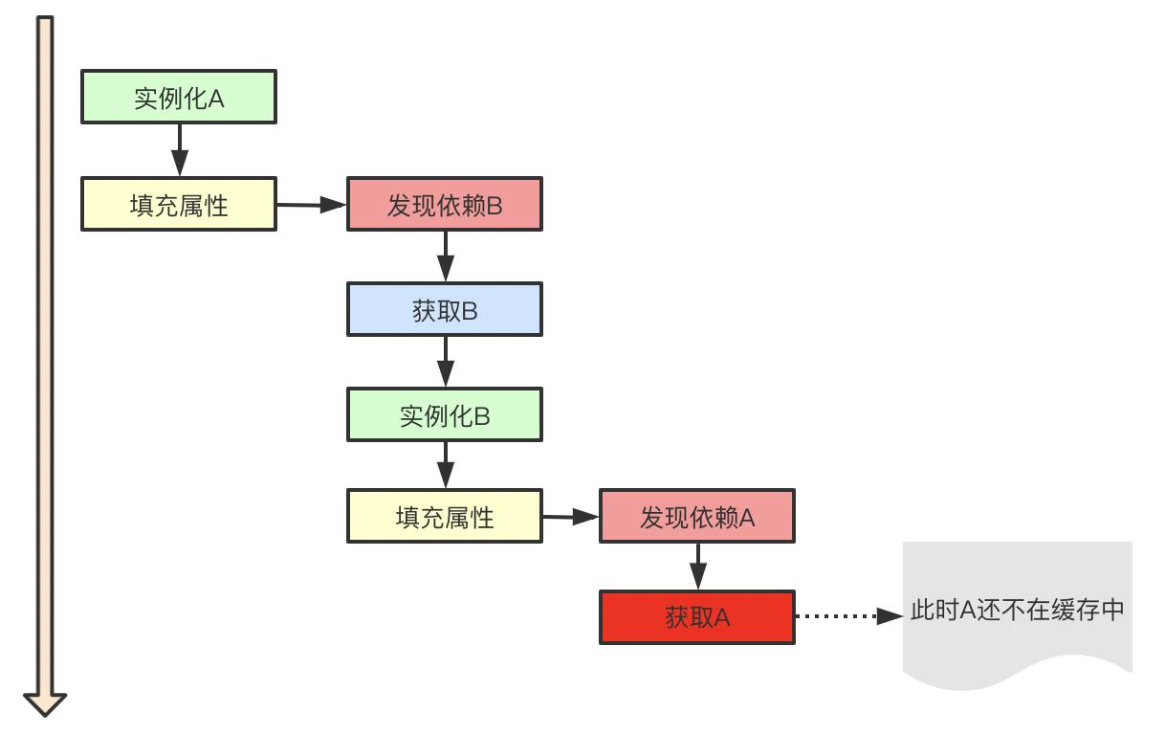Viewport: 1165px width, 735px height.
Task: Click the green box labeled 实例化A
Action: [179, 97]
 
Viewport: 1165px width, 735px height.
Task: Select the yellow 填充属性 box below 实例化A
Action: [179, 204]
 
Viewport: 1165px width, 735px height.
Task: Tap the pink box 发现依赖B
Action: [445, 204]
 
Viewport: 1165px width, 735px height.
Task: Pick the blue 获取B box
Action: [445, 309]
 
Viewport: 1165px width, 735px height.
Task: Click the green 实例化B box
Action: [445, 414]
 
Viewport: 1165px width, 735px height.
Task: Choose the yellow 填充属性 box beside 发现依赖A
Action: [445, 517]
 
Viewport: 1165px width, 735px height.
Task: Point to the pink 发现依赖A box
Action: [697, 517]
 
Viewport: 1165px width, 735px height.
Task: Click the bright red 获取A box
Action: [697, 617]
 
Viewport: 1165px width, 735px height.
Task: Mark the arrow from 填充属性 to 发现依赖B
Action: [311, 204]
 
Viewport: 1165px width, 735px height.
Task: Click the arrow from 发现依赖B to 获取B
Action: [445, 256]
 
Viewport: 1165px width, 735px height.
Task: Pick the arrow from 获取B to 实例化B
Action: [445, 361]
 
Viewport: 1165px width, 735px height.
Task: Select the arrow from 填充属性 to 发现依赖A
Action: [570, 517]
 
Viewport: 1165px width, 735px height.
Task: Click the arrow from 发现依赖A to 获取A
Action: [697, 567]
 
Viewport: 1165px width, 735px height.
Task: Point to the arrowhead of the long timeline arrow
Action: [45, 703]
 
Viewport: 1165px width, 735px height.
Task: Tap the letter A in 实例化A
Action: [216, 98]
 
